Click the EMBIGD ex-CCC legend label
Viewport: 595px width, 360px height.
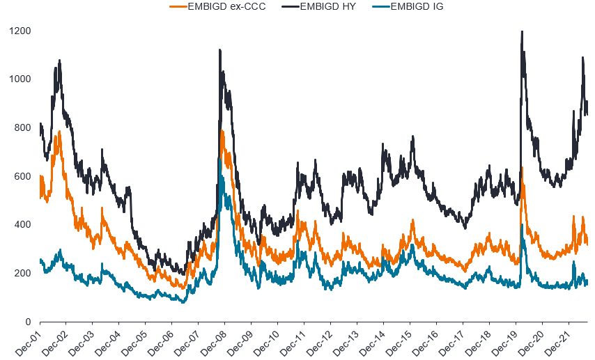[x=226, y=6]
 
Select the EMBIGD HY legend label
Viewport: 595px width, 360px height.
[x=328, y=6]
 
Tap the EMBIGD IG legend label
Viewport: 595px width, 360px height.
[x=417, y=6]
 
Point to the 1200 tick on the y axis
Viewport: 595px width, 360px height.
[x=20, y=31]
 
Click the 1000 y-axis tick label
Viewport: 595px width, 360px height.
[x=20, y=79]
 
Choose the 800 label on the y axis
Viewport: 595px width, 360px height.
[x=23, y=128]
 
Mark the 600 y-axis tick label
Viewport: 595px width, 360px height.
[x=23, y=176]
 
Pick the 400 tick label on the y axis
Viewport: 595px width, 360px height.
[x=23, y=225]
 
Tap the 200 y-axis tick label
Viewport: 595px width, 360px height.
[x=23, y=274]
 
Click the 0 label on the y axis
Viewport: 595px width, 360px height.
[x=29, y=322]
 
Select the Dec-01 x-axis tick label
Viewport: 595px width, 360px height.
[x=27, y=343]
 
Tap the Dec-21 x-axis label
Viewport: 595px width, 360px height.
[x=556, y=343]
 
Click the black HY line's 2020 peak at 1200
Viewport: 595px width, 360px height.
[x=522, y=32]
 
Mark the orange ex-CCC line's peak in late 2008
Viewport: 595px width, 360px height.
[x=222, y=131]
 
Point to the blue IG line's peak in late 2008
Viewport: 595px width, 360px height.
[x=219, y=159]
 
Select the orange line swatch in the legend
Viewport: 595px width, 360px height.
[x=178, y=6]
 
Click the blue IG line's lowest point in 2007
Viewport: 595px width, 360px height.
[x=184, y=302]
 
